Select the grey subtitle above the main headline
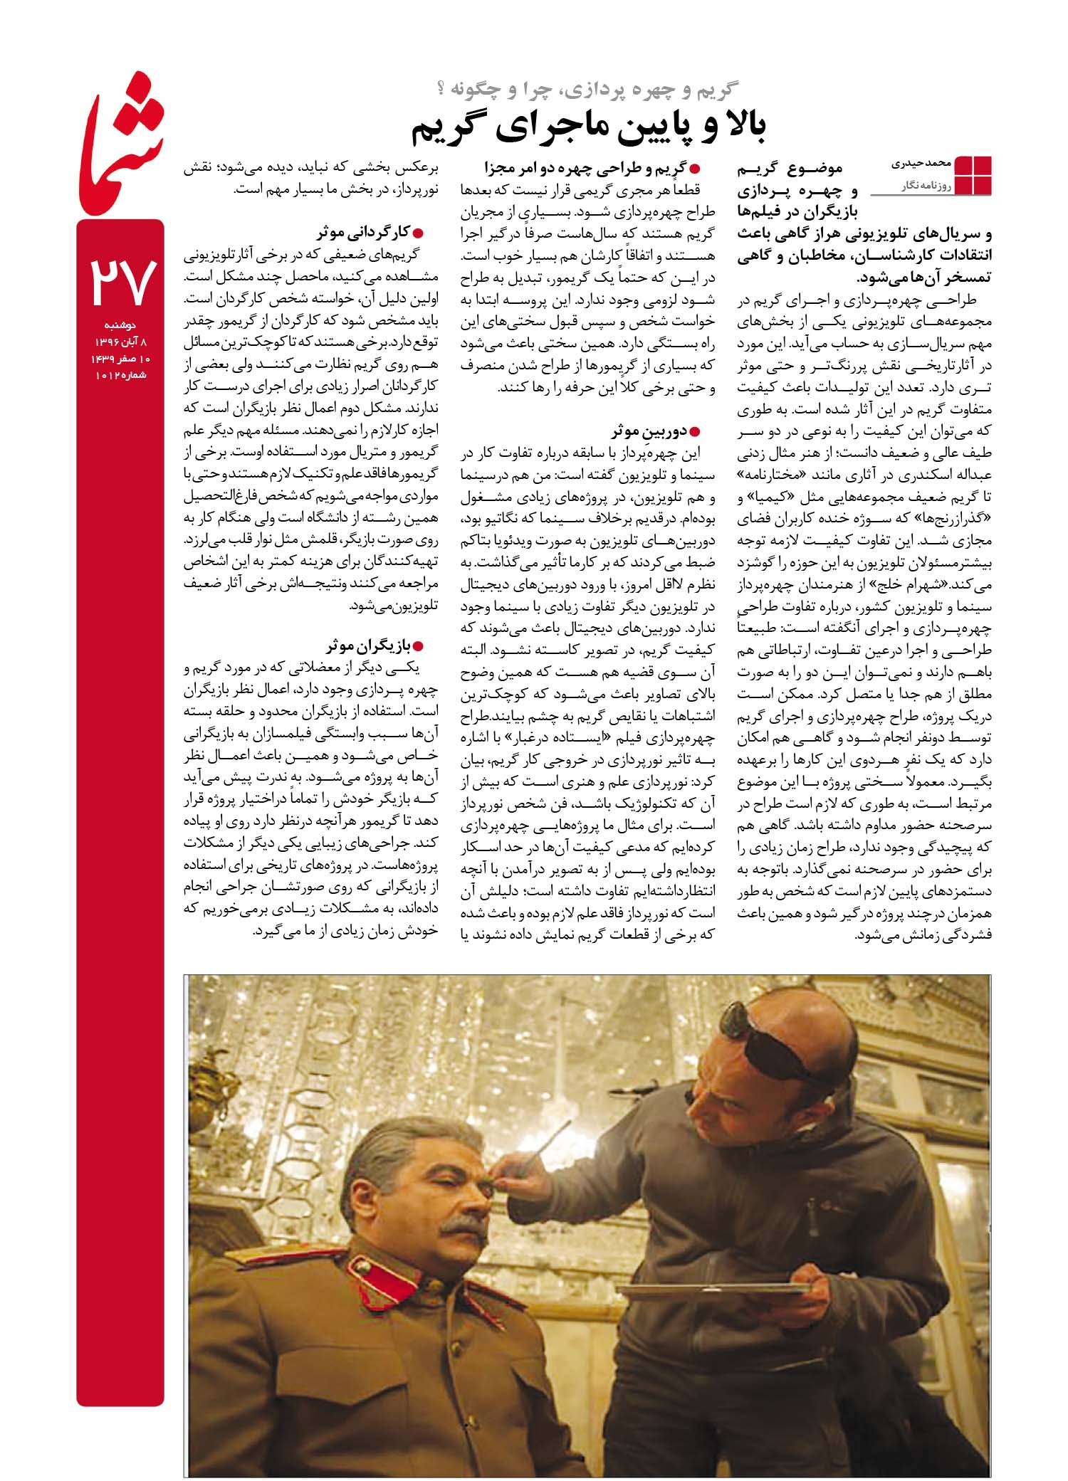click(588, 90)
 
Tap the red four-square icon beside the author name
click(972, 174)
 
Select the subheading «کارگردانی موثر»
click(363, 232)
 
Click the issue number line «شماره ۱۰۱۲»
click(120, 374)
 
